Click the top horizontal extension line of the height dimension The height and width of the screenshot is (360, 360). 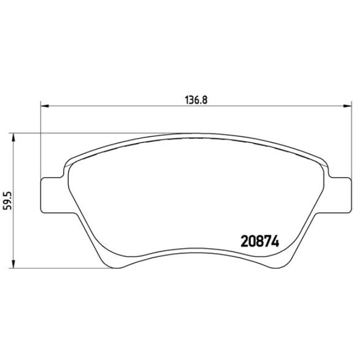(x=83, y=133)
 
